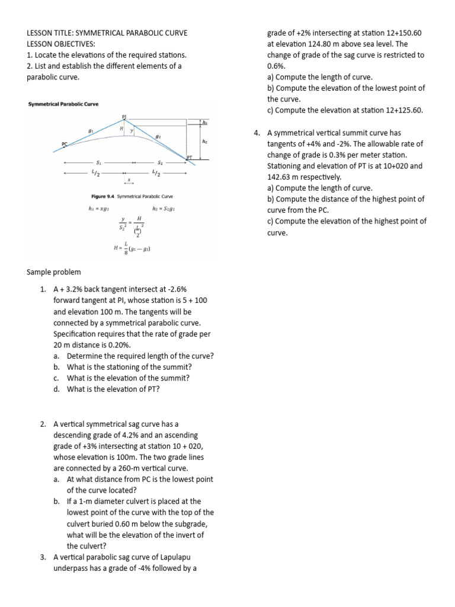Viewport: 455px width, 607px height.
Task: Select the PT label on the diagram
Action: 190,158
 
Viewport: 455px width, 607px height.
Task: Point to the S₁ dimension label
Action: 98,161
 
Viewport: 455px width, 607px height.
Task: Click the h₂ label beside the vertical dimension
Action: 204,142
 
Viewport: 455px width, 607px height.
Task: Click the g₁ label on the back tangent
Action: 91,132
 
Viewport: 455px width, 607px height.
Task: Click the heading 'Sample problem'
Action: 54,272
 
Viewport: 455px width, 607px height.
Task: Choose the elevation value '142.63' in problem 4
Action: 280,177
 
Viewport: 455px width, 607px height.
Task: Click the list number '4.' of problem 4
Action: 257,133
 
